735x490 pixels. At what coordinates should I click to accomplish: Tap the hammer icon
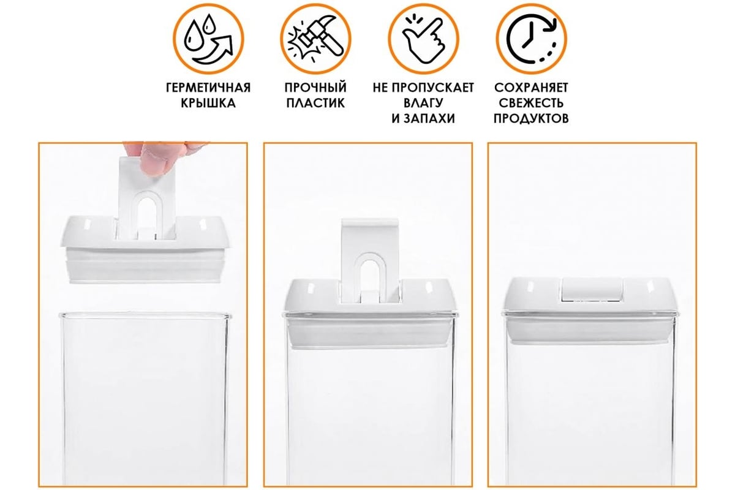tap(315, 39)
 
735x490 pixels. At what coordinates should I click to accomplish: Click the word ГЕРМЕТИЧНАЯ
tap(208, 88)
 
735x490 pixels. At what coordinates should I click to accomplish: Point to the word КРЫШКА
tap(208, 103)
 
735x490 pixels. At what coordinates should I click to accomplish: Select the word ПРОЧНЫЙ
tap(315, 88)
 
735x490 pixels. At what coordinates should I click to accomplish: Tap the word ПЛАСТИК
tap(315, 103)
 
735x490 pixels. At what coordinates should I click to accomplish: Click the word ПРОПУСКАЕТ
tap(433, 88)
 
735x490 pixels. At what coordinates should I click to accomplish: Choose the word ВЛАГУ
tap(423, 103)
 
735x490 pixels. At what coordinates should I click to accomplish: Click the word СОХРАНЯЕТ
tap(531, 88)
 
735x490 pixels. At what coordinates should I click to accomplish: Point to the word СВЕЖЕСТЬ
tap(531, 103)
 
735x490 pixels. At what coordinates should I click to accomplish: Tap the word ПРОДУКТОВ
tap(531, 118)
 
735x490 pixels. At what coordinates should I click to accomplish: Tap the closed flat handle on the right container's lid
tap(593, 289)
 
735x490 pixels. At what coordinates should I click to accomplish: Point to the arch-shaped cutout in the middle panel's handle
tap(370, 273)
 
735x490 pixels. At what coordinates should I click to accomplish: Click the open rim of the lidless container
tap(145, 315)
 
